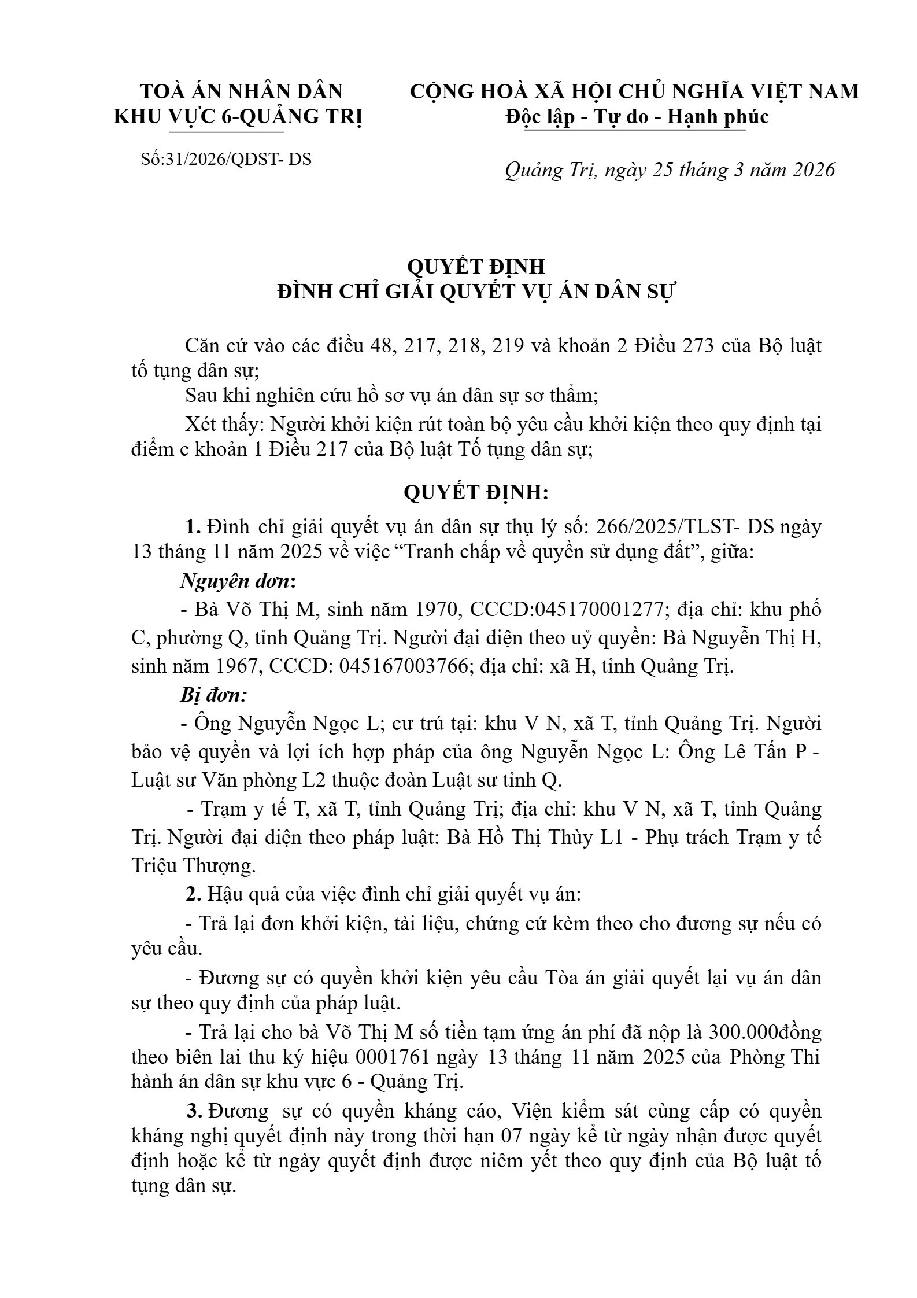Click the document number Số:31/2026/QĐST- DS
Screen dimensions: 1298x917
[226, 159]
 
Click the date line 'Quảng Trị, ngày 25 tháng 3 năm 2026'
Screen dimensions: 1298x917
[670, 170]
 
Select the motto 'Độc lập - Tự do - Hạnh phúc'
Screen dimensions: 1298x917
[637, 117]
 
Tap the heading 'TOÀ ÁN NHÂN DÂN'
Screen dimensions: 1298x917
[242, 91]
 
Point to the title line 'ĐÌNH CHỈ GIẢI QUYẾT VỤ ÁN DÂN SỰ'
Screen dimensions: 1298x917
[476, 292]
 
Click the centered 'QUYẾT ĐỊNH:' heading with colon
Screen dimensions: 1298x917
[476, 492]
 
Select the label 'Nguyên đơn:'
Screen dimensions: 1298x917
[238, 581]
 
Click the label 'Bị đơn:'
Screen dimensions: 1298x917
[213, 695]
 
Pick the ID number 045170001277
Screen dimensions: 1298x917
[599, 609]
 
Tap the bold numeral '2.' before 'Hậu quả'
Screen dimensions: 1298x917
[193, 894]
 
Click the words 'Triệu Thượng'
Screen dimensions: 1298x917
[193, 866]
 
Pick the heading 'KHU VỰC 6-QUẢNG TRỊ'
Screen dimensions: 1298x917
[238, 117]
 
